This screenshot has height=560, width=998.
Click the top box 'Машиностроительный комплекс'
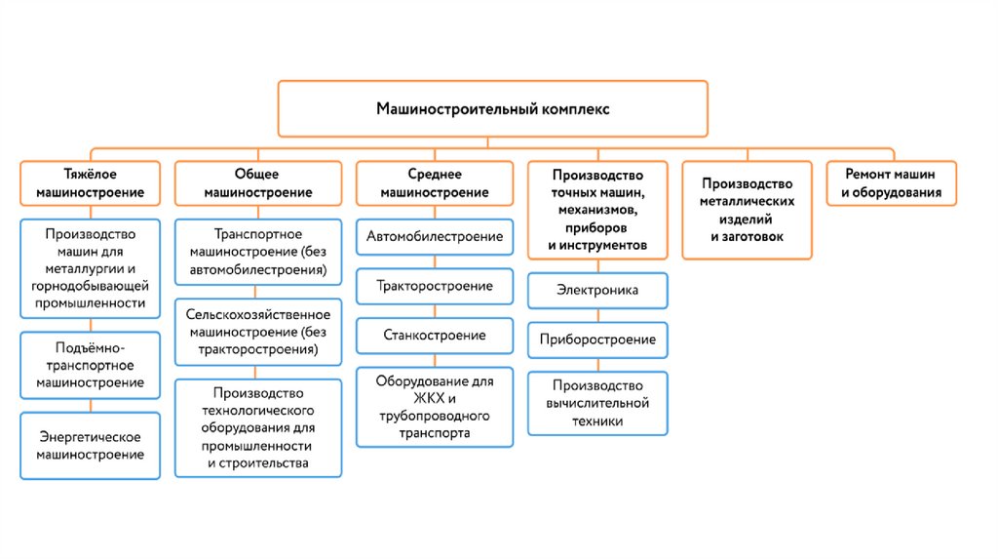point(493,108)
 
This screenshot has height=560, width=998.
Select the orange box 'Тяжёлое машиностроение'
point(90,182)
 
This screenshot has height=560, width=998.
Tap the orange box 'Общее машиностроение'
point(258,182)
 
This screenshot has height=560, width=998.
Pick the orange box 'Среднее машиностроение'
point(434,182)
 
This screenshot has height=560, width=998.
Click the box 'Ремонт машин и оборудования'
point(892,182)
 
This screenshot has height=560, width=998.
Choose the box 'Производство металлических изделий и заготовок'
point(747,210)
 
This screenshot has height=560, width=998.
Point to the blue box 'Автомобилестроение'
point(434,236)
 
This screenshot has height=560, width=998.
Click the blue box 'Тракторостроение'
point(434,286)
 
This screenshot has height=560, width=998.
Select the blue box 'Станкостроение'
point(434,335)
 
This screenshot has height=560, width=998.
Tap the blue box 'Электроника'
point(597,290)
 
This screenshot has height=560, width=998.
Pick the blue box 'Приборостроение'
point(597,340)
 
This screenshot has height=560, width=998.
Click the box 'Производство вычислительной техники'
point(597,403)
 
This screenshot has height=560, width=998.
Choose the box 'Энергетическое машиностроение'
point(90,445)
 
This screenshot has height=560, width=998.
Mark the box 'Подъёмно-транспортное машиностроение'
point(90,365)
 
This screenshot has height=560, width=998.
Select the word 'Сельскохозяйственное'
point(258,314)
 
